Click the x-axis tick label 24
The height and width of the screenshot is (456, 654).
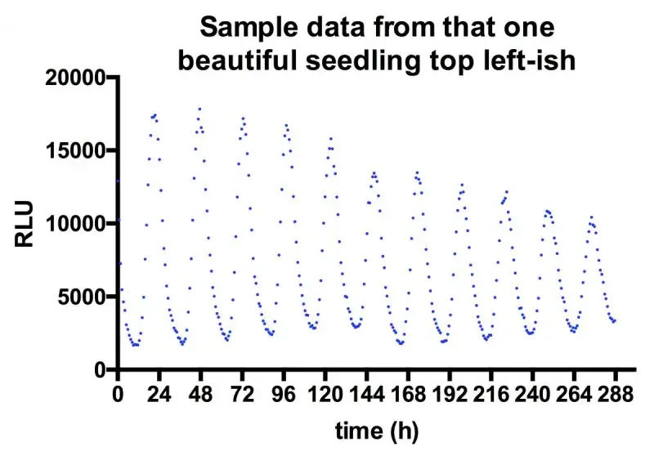(159, 395)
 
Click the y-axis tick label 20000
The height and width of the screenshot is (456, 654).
(70, 78)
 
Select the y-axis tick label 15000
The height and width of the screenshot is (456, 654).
(70, 150)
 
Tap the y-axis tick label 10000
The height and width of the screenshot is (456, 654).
(70, 223)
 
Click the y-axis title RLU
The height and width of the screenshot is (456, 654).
(25, 223)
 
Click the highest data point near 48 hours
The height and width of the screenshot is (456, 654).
(199, 109)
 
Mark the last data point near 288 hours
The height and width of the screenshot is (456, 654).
(614, 320)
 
